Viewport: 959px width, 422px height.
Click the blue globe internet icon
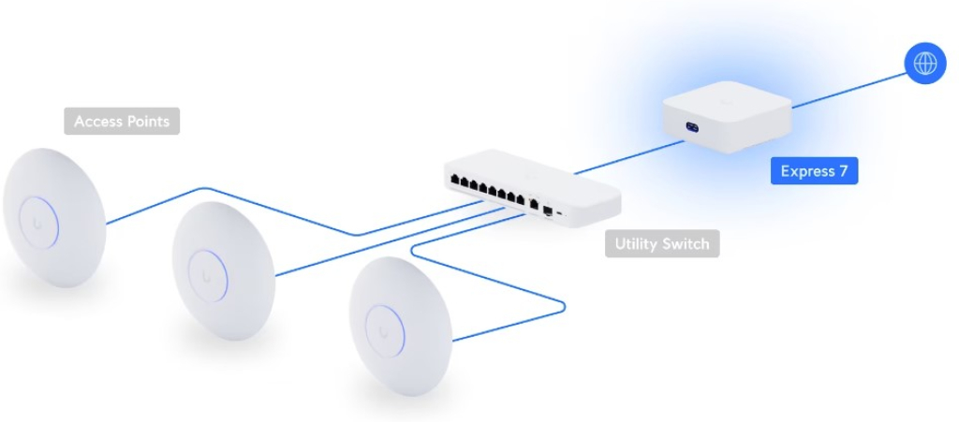(925, 63)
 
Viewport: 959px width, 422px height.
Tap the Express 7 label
(814, 171)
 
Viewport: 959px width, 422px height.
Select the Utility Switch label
(662, 243)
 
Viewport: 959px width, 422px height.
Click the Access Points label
(122, 121)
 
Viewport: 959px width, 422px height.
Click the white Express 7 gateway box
(727, 116)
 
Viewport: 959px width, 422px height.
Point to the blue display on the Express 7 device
(692, 127)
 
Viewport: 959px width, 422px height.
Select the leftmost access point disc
(54, 217)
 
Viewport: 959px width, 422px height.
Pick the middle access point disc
(224, 270)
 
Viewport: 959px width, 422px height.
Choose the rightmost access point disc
(401, 326)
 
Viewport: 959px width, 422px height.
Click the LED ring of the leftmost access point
(57, 222)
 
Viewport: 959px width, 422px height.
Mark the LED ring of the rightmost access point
(403, 330)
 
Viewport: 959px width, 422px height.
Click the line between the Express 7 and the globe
(848, 91)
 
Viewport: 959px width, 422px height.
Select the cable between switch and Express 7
(628, 157)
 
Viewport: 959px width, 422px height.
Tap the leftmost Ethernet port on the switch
(454, 180)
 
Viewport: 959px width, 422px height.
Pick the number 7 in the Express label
(843, 171)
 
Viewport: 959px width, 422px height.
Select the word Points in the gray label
(146, 122)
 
